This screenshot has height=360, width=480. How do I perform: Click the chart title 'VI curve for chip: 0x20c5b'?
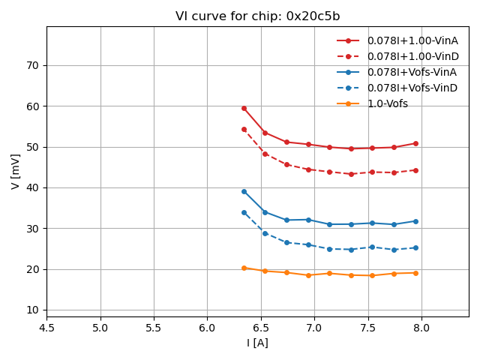[257, 16]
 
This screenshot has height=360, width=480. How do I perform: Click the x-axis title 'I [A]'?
[257, 343]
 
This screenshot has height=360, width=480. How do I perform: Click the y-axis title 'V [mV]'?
[16, 171]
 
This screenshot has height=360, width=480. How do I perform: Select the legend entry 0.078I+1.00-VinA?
[412, 40]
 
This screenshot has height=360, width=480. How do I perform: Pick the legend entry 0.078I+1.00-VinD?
[412, 56]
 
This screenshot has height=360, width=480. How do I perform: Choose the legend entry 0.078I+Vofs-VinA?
[412, 72]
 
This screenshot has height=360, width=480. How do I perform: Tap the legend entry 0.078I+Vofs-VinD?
[412, 88]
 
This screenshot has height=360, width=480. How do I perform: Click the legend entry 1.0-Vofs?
[387, 103]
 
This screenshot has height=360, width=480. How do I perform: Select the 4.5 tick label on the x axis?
[46, 328]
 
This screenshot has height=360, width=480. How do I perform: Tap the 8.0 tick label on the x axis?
[421, 328]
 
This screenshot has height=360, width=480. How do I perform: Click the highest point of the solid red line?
[244, 108]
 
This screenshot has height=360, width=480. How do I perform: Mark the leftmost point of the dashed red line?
[244, 129]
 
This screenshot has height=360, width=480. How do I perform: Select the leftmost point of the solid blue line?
[244, 191]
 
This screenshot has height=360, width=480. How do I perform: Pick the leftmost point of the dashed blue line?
[244, 212]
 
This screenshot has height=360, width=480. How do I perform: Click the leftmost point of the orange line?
[244, 268]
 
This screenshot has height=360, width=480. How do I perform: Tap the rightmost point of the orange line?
[415, 273]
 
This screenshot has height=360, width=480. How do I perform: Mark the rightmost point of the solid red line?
[415, 143]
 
